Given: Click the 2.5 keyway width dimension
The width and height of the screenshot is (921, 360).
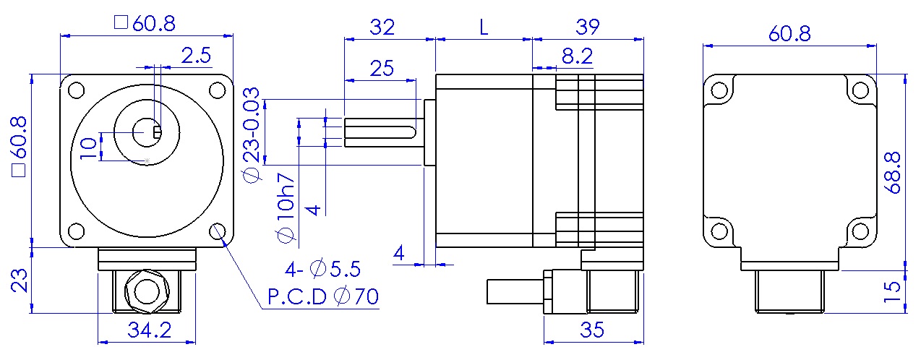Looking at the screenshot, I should tap(195, 56).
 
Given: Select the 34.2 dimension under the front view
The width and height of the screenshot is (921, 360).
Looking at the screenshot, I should tap(150, 330).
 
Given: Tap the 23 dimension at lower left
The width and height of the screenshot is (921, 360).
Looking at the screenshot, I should tap(19, 280).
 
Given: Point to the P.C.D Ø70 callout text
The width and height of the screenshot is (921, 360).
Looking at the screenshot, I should tap(323, 296).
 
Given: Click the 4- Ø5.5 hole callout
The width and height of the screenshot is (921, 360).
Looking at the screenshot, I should tap(323, 270).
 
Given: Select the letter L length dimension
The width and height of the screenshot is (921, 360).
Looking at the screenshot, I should tap(484, 28).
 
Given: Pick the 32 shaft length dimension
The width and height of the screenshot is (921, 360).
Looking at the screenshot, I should tap(382, 28).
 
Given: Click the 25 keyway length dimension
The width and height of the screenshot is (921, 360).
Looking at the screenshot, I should tap(382, 69).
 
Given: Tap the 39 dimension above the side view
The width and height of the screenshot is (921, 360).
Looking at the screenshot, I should tap(588, 28).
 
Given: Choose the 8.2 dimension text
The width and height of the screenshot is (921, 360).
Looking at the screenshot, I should tap(576, 55).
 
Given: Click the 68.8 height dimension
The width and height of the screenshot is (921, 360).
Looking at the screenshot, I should tap(894, 172).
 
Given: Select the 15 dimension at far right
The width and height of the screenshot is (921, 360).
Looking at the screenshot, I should tap(894, 291).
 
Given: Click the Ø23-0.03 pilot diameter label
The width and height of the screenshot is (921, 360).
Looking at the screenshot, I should tap(251, 134).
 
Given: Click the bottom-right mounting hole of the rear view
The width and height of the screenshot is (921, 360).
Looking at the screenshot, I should tap(860, 231).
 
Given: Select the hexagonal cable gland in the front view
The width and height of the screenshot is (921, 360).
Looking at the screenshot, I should tap(147, 291).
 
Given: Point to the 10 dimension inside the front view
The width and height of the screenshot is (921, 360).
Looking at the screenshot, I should tap(88, 147).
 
